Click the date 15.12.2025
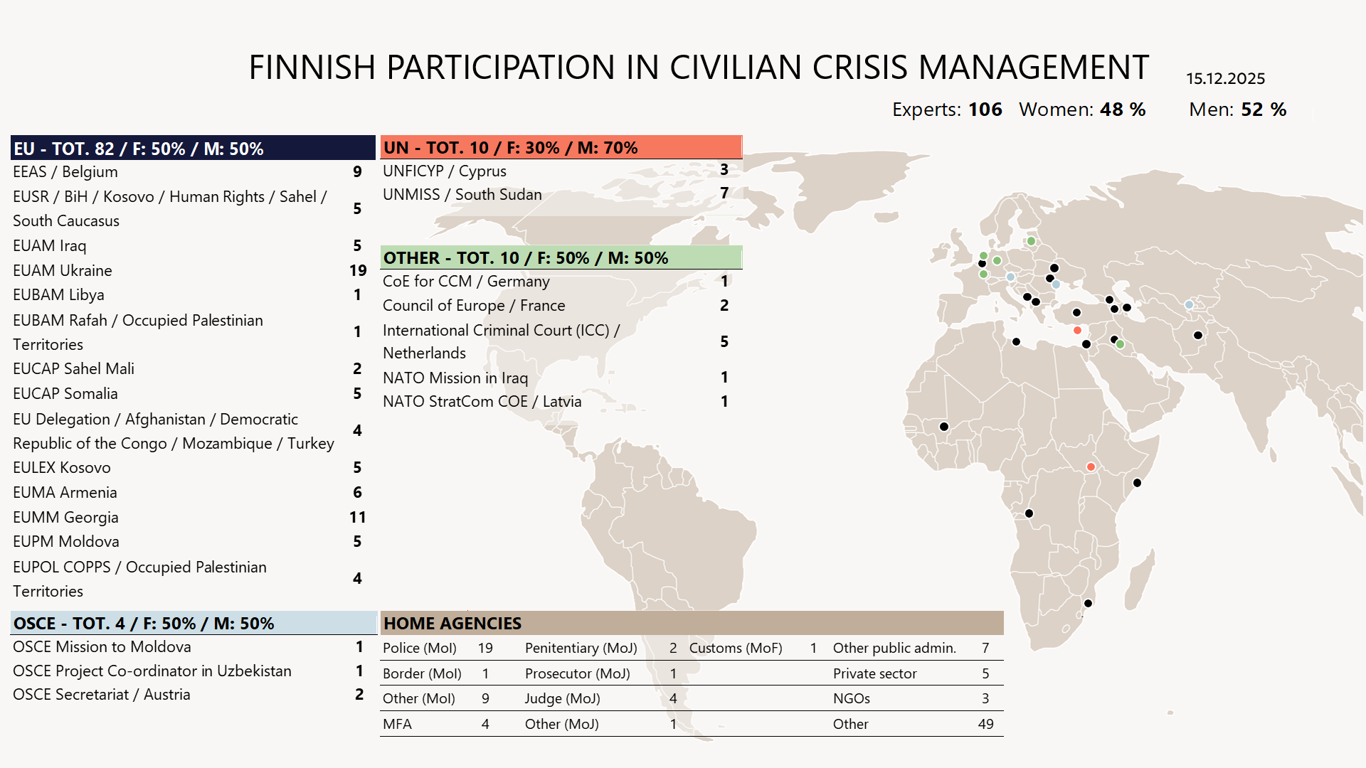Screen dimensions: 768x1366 pyautogui.click(x=1225, y=78)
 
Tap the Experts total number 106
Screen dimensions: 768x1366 pyautogui.click(x=985, y=110)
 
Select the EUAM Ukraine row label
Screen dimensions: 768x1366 pyautogui.click(x=63, y=270)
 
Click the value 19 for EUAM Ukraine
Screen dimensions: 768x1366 pyautogui.click(x=358, y=270)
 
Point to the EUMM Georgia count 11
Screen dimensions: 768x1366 pyautogui.click(x=357, y=517)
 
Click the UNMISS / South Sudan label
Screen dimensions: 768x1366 pyautogui.click(x=462, y=194)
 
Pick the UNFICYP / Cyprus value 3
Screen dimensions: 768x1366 pyautogui.click(x=724, y=170)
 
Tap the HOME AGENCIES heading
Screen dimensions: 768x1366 pyautogui.click(x=452, y=623)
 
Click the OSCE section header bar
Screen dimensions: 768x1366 pyautogui.click(x=193, y=623)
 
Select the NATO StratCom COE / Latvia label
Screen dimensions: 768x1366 pyautogui.click(x=482, y=401)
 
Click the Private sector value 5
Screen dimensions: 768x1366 pyautogui.click(x=985, y=673)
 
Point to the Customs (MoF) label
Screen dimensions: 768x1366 pyautogui.click(x=736, y=648)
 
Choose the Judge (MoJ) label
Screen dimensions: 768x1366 pyautogui.click(x=562, y=698)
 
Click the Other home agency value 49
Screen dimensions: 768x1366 pyautogui.click(x=985, y=724)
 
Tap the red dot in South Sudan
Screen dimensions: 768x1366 pyautogui.click(x=1091, y=467)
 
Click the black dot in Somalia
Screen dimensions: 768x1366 pyautogui.click(x=1137, y=483)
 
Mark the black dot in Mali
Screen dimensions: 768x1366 pyautogui.click(x=944, y=427)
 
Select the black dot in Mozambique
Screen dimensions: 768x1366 pyautogui.click(x=1088, y=604)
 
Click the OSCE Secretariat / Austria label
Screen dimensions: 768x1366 pyautogui.click(x=101, y=694)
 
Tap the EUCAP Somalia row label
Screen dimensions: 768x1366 pyautogui.click(x=65, y=393)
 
